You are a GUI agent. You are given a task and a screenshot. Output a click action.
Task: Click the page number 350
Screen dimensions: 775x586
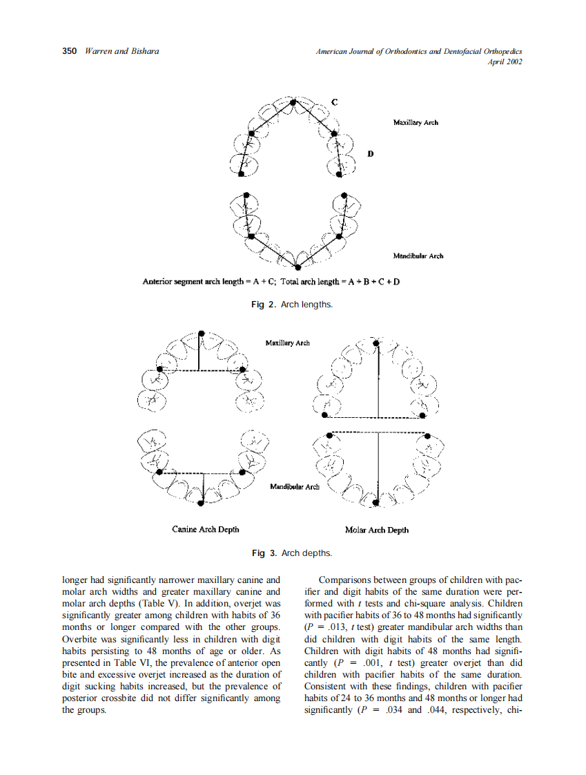point(69,52)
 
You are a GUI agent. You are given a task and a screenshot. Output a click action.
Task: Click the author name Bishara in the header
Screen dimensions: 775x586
point(142,52)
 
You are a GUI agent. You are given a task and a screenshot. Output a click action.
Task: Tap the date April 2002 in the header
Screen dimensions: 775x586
point(505,62)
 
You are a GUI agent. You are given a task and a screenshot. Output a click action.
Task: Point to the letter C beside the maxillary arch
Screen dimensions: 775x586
point(334,102)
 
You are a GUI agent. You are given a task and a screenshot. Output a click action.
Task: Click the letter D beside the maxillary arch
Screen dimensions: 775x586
point(370,153)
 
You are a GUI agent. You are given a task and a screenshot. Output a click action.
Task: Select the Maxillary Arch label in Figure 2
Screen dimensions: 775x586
point(416,122)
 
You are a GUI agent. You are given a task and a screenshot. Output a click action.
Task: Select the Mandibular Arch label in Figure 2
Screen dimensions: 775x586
point(418,256)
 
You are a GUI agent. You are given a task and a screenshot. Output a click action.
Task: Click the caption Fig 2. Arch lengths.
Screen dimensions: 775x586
point(293,305)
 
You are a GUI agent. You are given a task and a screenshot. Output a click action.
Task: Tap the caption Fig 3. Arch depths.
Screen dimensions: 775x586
point(293,553)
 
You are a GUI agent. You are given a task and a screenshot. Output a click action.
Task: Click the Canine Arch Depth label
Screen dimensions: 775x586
point(206,529)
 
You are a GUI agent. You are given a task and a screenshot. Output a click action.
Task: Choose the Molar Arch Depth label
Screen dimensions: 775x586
point(376,530)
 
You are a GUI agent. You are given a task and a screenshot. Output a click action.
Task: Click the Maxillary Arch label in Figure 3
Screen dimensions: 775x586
point(287,343)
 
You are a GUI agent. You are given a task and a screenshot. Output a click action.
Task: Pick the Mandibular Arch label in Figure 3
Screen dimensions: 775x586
point(295,486)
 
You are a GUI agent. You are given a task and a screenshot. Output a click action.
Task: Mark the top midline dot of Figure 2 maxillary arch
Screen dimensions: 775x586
point(293,102)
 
